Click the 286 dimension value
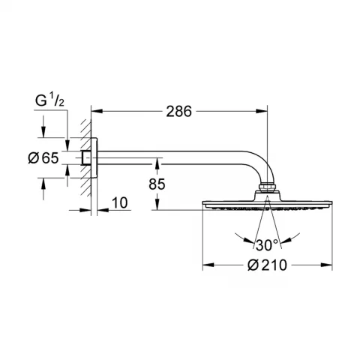tap(179, 111)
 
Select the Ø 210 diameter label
tap(268, 265)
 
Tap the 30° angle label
tap(266, 244)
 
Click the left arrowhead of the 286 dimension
tap(101, 112)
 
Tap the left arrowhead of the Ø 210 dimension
tap(206, 265)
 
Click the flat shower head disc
tap(267, 202)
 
